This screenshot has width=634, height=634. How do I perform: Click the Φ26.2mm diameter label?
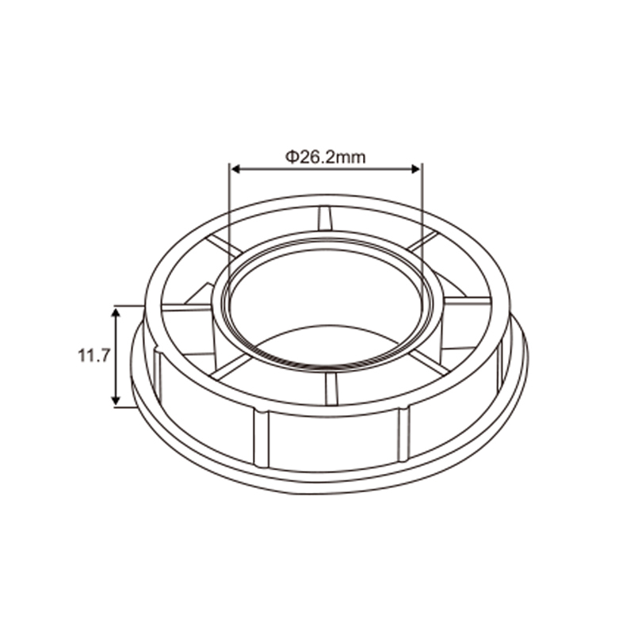(x=326, y=156)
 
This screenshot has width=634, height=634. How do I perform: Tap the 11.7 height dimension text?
(x=94, y=356)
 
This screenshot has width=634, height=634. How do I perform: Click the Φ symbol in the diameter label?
(x=292, y=156)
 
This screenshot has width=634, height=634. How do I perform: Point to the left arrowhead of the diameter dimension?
(x=235, y=169)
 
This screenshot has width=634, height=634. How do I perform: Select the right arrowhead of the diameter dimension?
(x=416, y=169)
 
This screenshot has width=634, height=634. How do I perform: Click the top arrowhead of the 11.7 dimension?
(x=116, y=312)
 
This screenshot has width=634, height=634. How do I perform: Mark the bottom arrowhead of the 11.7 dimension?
(x=116, y=399)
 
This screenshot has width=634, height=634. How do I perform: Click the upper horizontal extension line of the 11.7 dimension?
(x=129, y=306)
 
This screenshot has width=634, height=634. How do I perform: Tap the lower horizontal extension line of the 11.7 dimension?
(x=124, y=407)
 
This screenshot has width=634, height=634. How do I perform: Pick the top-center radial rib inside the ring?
(x=324, y=219)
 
